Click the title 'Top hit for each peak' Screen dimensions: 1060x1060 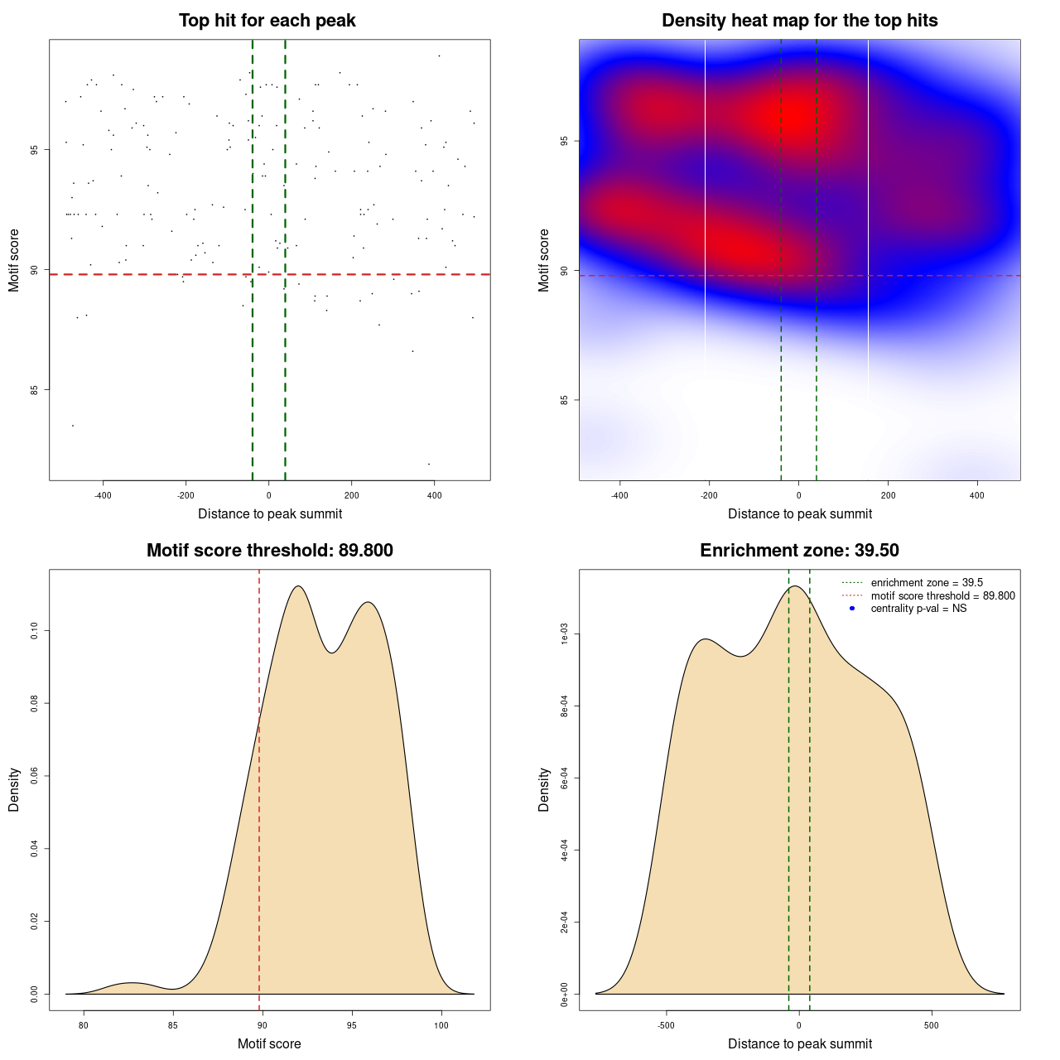267,21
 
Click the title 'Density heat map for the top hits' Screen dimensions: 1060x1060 799,21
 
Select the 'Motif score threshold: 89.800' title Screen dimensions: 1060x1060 269,551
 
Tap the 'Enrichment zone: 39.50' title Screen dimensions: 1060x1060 799,551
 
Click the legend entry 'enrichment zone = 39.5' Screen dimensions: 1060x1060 927,583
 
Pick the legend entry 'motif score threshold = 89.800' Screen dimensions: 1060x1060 942,595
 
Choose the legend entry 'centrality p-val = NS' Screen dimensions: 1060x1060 918,609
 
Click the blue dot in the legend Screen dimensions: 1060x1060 852,609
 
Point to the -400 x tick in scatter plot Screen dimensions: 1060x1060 103,496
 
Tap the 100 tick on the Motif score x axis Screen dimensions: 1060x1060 441,1026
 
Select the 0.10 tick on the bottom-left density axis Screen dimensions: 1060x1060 34,631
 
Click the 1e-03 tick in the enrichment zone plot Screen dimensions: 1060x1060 564,635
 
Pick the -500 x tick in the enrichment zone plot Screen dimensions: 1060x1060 666,1026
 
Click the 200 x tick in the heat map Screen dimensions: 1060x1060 888,496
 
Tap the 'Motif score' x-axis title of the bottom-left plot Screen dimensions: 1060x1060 269,1044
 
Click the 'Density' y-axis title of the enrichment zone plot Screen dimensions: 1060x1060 544,789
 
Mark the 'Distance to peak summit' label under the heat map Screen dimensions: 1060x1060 799,514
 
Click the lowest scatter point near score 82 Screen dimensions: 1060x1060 428,464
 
